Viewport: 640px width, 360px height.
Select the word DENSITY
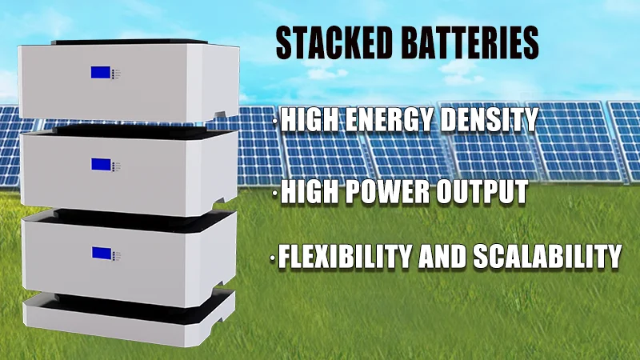493,121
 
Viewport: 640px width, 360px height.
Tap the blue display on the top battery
101,73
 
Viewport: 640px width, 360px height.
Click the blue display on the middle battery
101,165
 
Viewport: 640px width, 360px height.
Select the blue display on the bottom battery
101,254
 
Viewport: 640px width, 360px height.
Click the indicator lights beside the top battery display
117,74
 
